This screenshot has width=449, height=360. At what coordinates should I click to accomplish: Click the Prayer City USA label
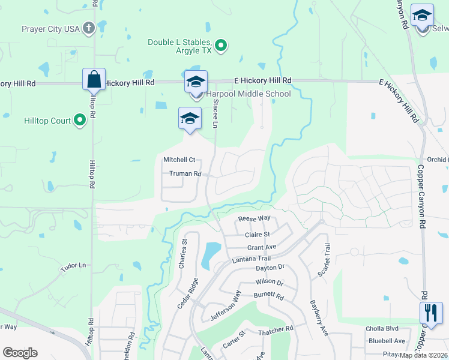(x=50, y=29)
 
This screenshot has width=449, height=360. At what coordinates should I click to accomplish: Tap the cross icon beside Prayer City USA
(x=89, y=28)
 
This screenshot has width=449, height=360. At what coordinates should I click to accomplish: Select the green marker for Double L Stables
(x=221, y=45)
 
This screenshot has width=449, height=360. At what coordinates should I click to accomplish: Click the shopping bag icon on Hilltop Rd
(x=94, y=79)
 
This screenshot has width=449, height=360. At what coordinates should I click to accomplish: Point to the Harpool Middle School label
(x=249, y=94)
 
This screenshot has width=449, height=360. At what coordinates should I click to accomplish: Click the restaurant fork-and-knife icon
(x=430, y=313)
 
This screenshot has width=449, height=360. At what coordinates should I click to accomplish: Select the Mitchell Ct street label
(x=179, y=160)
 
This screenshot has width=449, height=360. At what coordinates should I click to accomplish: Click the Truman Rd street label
(x=184, y=174)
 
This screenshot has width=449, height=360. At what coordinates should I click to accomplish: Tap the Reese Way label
(x=255, y=219)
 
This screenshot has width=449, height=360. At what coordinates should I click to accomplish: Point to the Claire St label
(x=258, y=235)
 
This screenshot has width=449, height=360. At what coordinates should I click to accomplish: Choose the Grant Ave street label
(x=262, y=247)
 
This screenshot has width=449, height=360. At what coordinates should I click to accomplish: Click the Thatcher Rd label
(x=276, y=329)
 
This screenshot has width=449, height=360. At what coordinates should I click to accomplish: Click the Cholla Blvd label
(x=382, y=329)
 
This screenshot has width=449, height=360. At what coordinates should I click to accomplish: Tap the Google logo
(x=20, y=353)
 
